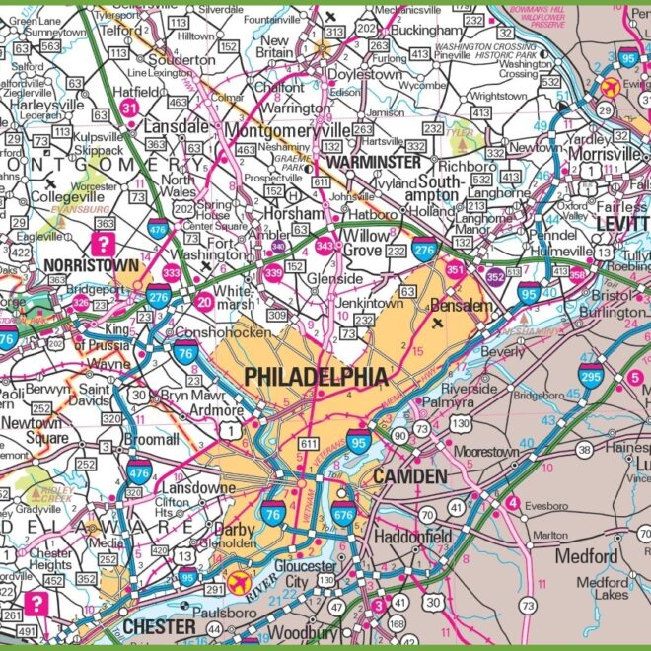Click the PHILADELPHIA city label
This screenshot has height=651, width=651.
point(316,377)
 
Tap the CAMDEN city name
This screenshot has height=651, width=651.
point(409,476)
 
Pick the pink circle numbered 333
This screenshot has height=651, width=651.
point(171,273)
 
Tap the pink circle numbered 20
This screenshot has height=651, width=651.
point(205,302)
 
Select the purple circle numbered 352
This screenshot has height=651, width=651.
point(494,278)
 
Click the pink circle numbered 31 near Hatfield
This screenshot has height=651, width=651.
point(129,108)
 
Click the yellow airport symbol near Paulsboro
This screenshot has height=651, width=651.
point(238,582)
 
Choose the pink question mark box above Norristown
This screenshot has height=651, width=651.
point(102,243)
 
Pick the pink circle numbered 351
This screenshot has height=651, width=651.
point(455,269)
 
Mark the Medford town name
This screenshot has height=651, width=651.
point(586,556)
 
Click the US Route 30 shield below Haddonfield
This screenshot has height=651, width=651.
point(433,601)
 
